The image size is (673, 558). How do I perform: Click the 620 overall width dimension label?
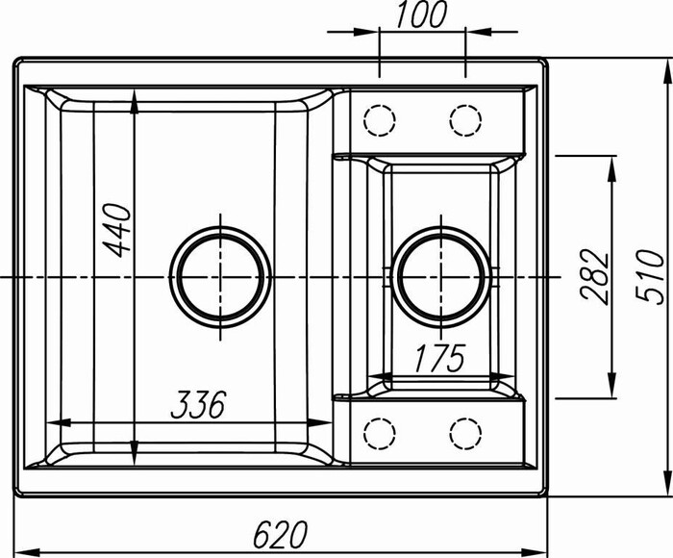281,532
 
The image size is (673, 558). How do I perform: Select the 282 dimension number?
598,276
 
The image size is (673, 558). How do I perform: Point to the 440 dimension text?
117,229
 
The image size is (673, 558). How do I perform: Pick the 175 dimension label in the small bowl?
438,358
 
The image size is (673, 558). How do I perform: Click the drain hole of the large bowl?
220,276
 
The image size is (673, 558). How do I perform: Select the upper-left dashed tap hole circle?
381,120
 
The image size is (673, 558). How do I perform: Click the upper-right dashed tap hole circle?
465,120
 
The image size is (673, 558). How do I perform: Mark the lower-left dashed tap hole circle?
381,433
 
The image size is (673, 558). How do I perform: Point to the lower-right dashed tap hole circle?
465,433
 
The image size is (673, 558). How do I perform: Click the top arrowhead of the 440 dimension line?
134,96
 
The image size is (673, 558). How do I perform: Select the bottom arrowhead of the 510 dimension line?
664,489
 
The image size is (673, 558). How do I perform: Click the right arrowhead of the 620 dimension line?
540,551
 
